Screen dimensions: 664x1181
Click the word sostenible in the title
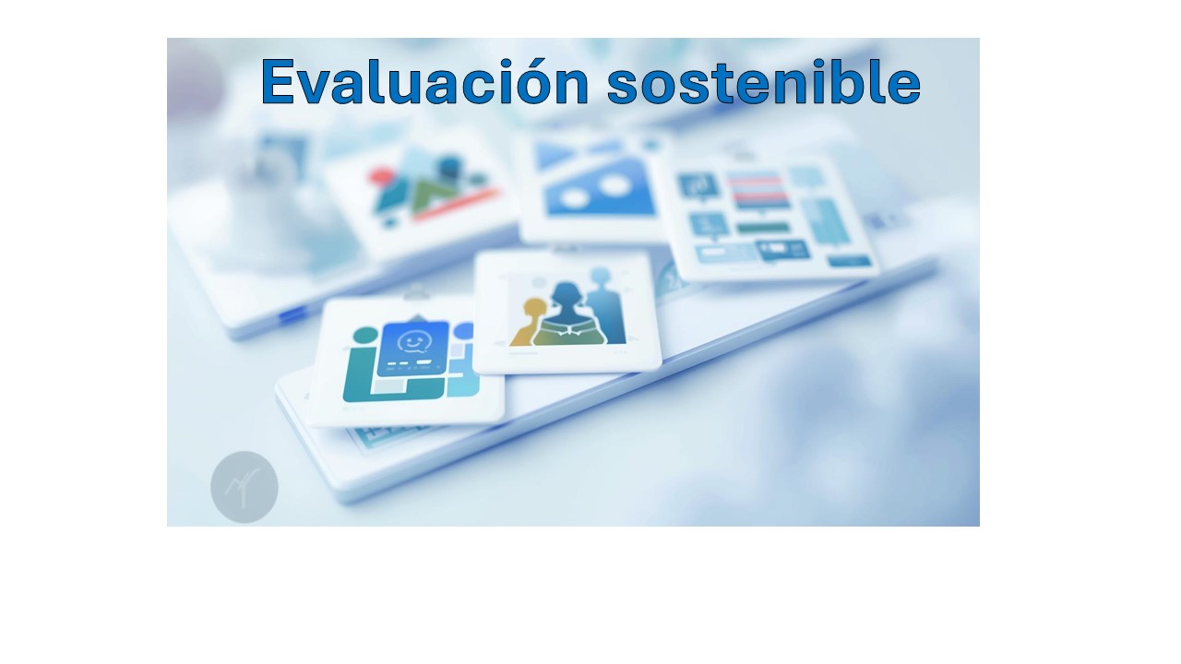763,82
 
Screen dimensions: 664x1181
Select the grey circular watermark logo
245,487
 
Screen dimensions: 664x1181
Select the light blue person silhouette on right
604,309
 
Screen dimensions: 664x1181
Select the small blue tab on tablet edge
293,315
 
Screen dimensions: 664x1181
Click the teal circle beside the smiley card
365,335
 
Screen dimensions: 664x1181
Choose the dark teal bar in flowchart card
762,227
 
